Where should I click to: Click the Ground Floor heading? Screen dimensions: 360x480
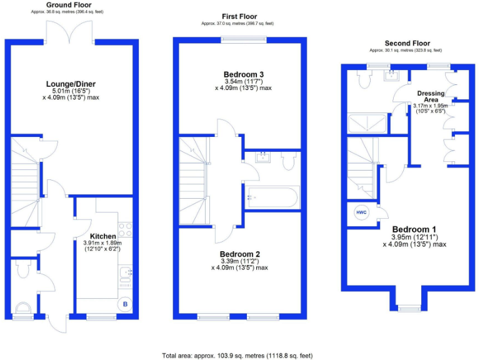69,4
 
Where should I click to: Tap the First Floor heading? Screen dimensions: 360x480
239,16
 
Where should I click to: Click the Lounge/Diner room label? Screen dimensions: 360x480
71,84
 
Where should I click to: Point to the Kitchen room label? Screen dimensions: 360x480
102,236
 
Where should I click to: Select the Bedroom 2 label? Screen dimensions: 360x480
239,254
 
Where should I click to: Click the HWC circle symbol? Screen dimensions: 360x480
362,212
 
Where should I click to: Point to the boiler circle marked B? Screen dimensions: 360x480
125,304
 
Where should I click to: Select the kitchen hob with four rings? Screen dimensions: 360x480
124,229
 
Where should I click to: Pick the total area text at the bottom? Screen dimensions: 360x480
237,354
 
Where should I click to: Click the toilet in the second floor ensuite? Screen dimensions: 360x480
362,77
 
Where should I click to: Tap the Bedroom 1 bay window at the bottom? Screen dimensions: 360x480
410,306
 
